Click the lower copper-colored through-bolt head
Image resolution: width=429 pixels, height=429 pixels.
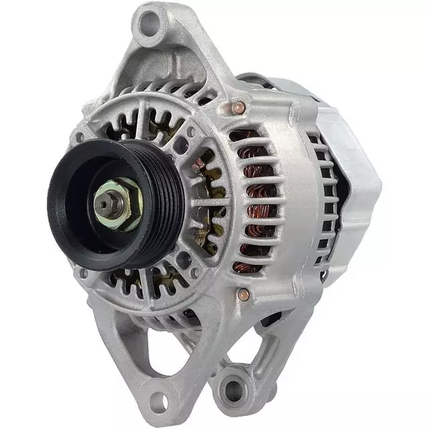coord(243,294)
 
